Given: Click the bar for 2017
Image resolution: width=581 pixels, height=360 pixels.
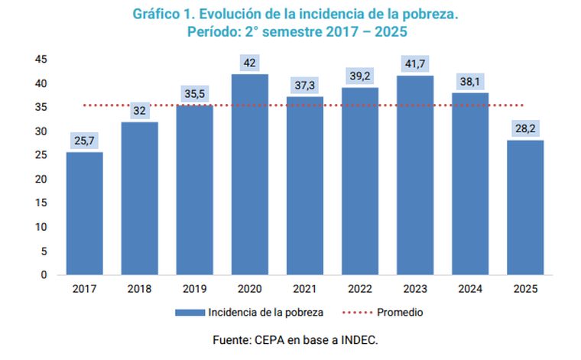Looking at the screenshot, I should point(84,213).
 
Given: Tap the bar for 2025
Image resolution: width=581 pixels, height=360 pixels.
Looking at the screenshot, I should point(524,207).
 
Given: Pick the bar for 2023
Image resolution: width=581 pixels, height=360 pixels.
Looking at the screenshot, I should point(414,175).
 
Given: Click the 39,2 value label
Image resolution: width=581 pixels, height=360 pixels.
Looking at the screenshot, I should point(359,77).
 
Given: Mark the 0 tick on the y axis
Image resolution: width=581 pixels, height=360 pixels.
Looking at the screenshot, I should point(44,274).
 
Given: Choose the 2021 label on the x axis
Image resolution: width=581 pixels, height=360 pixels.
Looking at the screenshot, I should point(304,289).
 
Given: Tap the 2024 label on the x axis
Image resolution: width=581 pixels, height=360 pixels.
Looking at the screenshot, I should point(469,289).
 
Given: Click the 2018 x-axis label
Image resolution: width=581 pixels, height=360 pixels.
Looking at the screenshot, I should point(139,289).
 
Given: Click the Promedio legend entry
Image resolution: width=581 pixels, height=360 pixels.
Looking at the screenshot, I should point(400,312).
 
